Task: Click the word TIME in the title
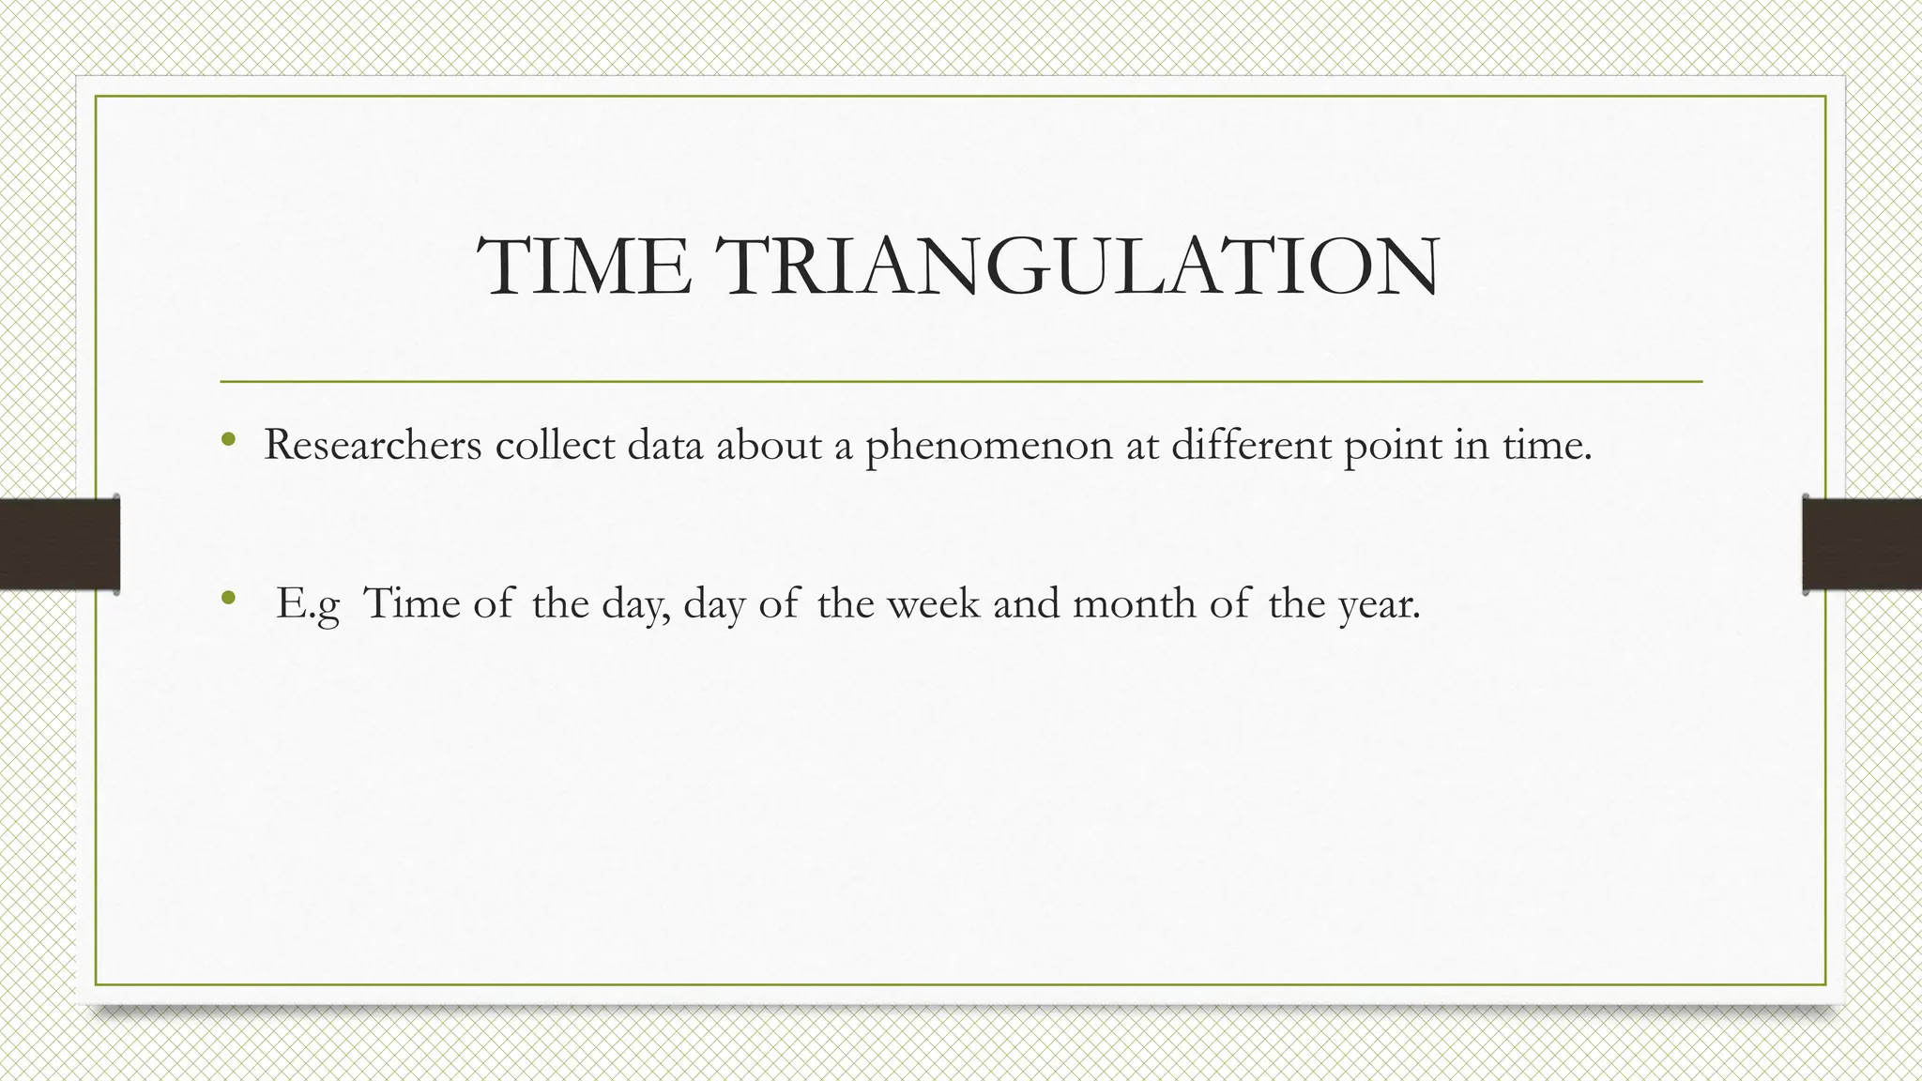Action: click(x=584, y=266)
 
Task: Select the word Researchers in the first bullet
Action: click(x=373, y=444)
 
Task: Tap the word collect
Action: click(x=555, y=444)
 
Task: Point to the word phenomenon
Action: click(x=988, y=446)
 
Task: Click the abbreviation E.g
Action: click(x=308, y=603)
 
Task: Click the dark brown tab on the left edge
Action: click(x=59, y=544)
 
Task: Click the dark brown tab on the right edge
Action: click(x=1862, y=544)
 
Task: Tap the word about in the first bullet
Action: click(x=770, y=444)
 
